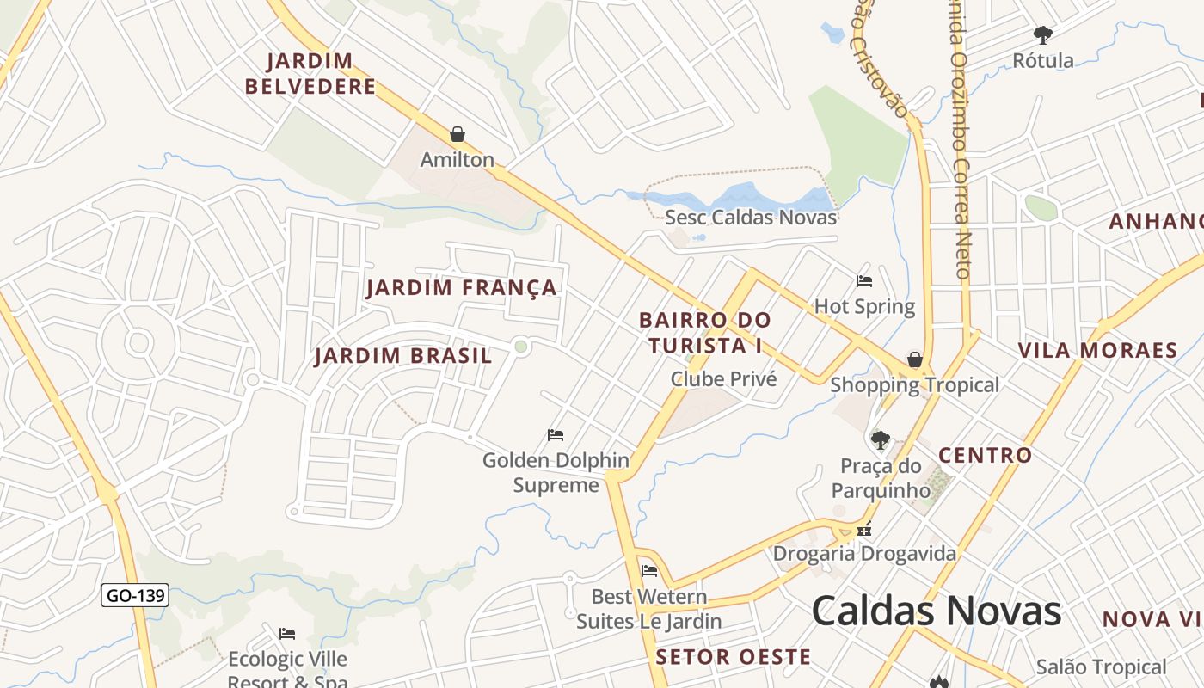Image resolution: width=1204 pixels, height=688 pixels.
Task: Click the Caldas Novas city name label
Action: point(937,611)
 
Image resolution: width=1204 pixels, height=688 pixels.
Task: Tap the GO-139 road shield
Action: point(135,595)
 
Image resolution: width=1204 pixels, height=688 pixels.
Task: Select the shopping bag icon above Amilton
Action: point(458,134)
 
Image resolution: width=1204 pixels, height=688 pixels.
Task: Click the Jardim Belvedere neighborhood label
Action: point(310,73)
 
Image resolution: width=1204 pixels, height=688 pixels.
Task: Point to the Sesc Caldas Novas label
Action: point(751,217)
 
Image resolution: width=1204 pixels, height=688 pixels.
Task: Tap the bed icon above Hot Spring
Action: point(864,280)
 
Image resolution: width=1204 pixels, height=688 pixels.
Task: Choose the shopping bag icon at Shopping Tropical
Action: point(915,359)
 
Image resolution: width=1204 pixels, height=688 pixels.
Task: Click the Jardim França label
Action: point(462,287)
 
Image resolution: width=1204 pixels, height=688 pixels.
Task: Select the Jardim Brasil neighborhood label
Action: point(403,355)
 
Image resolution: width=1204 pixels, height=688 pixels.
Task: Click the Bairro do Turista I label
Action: point(705,332)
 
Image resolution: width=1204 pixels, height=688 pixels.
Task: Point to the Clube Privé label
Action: point(723,378)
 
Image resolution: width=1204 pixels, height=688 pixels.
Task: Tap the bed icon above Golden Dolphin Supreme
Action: point(556,435)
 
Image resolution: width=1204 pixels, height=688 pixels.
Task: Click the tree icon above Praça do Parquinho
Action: point(880,440)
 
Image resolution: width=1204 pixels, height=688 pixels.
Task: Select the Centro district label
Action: point(985,455)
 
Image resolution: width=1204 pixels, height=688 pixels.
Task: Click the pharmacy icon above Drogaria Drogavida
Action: point(864,529)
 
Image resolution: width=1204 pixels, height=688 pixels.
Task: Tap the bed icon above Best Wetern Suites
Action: point(649,570)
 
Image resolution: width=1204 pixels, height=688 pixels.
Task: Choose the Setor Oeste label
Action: point(733,657)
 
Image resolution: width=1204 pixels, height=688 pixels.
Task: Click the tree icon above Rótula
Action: point(1043,35)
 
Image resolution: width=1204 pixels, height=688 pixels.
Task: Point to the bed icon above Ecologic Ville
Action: point(287,634)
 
